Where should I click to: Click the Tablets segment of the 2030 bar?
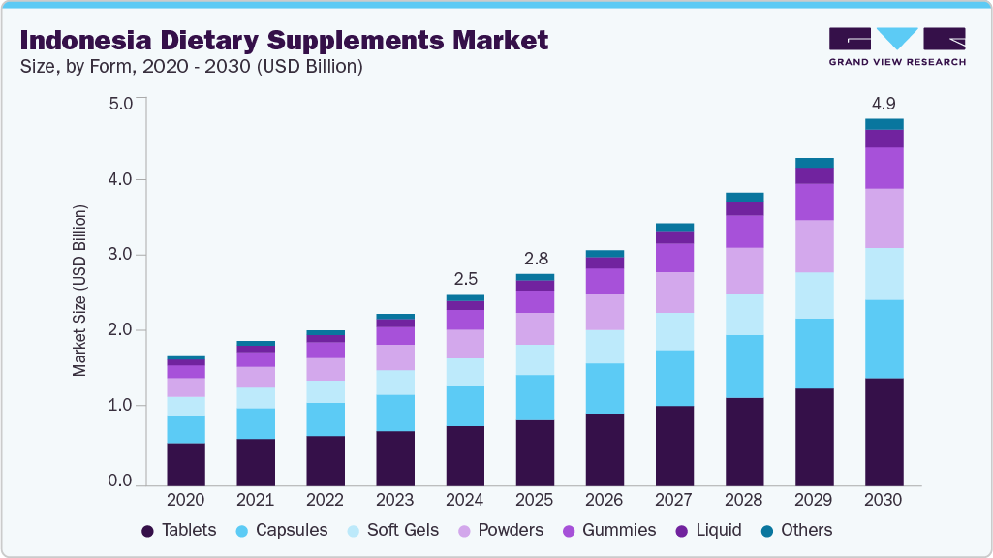(x=884, y=431)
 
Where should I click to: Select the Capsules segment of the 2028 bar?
(x=744, y=366)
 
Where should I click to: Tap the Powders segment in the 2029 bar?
(x=814, y=246)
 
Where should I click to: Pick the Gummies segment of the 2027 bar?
(x=674, y=257)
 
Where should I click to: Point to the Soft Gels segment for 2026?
(x=605, y=346)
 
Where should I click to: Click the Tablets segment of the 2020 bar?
(x=186, y=464)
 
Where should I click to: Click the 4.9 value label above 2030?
(x=884, y=103)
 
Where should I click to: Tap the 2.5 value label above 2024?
(x=465, y=279)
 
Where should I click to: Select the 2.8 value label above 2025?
(x=535, y=259)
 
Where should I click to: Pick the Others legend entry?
(x=795, y=530)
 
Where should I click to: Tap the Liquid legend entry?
(x=710, y=530)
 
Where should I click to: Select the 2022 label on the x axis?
(x=326, y=500)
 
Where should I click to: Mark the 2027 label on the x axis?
(x=674, y=500)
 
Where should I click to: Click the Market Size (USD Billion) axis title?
(x=80, y=291)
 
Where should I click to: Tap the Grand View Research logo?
(x=896, y=46)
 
